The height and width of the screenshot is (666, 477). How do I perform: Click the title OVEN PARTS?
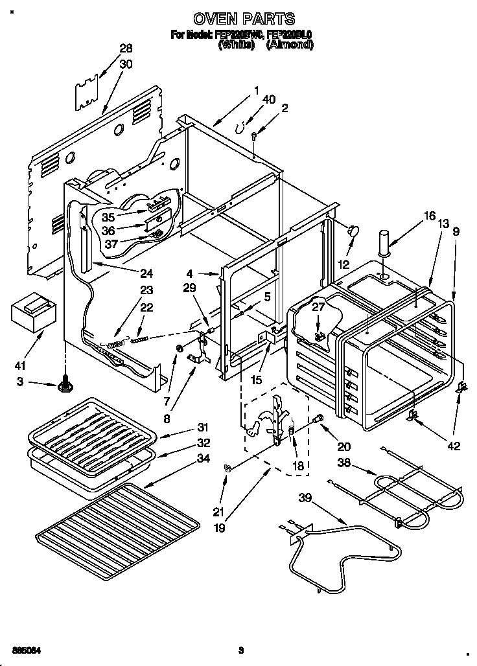point(243,19)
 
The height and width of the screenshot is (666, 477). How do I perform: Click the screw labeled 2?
point(255,134)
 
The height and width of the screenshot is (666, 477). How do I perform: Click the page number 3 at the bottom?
point(240,650)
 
